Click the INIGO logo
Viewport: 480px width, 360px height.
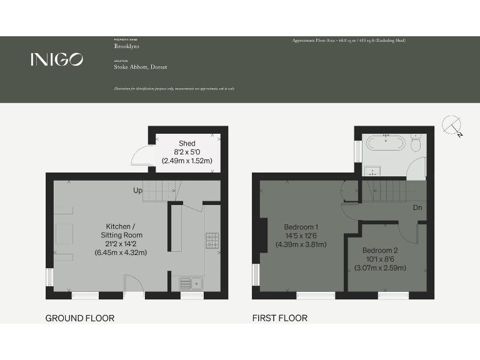pos(56,59)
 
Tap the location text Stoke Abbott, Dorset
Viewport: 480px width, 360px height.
pos(140,67)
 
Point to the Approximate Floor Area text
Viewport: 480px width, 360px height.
pos(349,41)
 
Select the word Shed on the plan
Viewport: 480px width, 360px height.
pos(187,144)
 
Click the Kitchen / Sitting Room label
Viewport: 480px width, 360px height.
pos(121,230)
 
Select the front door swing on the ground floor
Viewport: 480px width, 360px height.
pos(133,284)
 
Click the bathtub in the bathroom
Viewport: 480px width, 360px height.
pos(385,142)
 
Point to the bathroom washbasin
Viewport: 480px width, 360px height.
pos(372,171)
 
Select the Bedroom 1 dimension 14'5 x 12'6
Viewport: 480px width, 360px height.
pos(301,236)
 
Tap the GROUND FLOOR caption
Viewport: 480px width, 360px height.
pos(79,318)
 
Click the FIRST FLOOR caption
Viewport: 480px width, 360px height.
pos(279,318)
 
